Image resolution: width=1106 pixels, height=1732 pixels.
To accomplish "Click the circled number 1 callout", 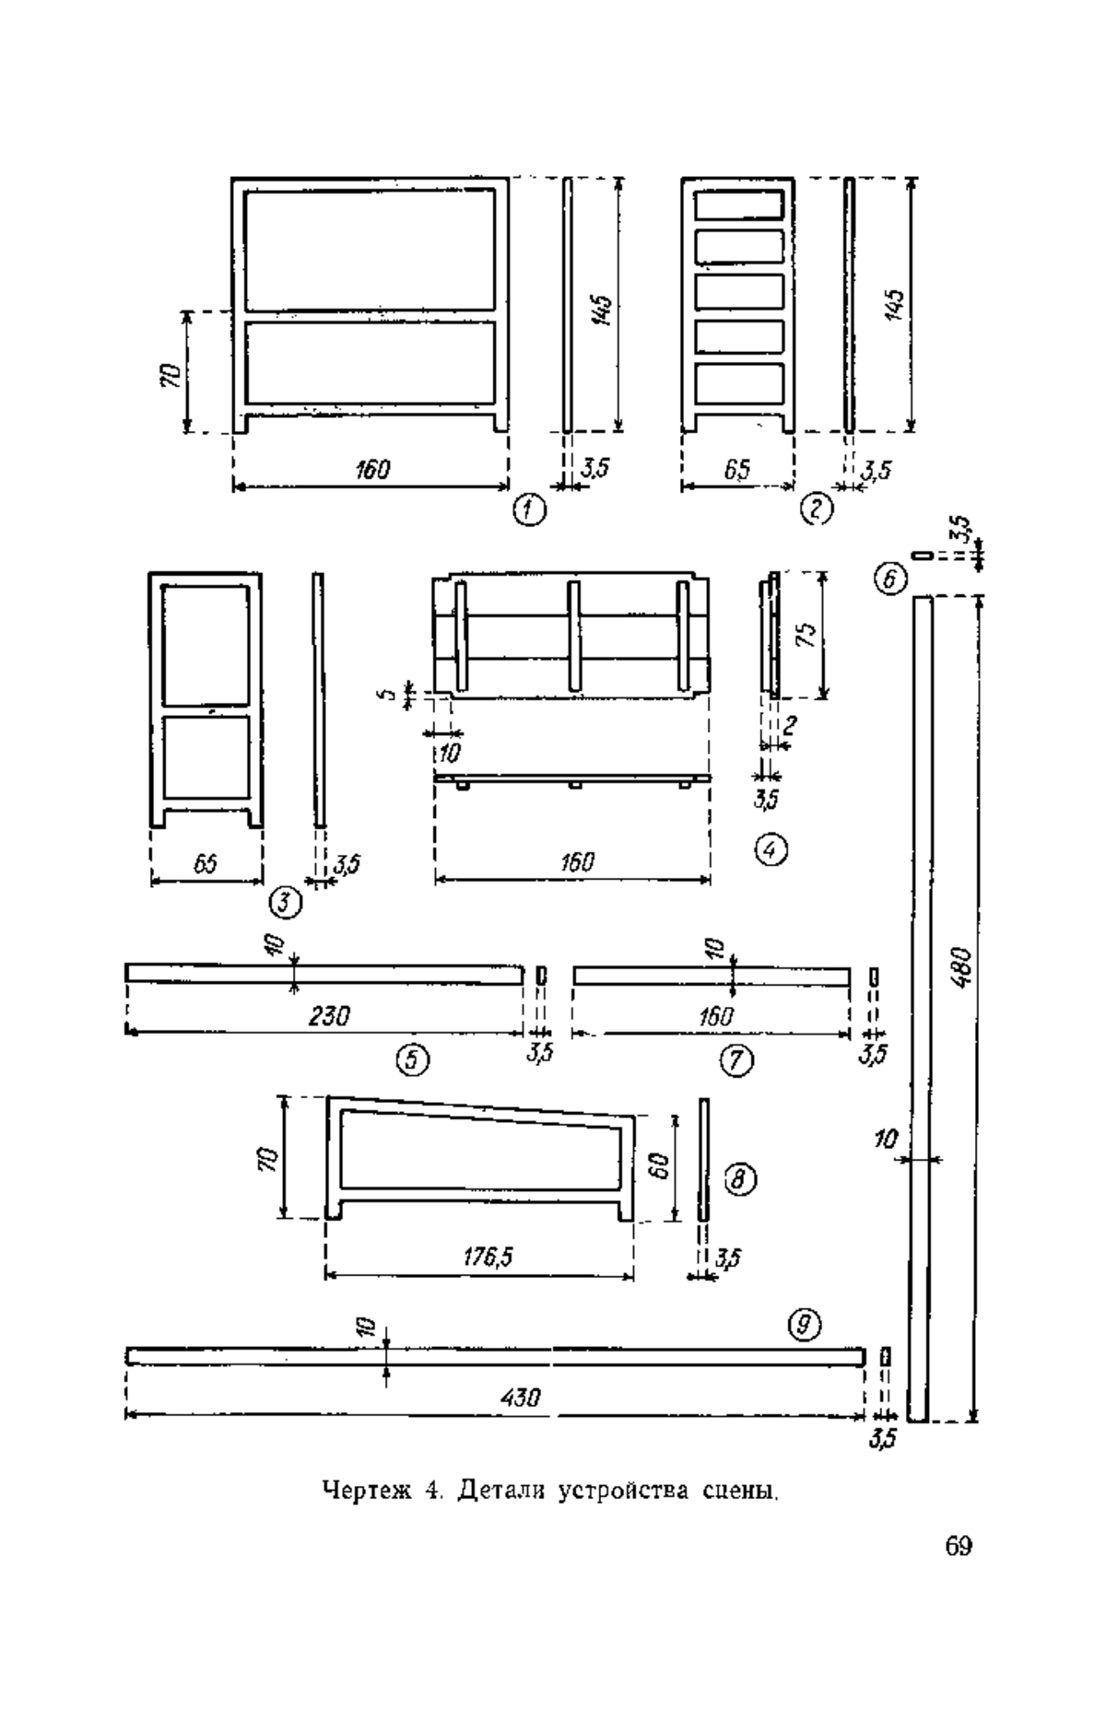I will point(529,509).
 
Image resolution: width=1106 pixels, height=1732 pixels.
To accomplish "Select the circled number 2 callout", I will point(817,509).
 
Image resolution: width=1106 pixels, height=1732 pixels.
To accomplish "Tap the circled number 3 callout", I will point(287,903).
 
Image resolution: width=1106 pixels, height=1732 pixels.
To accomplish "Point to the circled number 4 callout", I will point(771,850).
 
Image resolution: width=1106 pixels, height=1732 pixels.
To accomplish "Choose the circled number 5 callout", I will point(413,1061).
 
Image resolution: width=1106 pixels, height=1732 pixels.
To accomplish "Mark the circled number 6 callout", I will point(890,579).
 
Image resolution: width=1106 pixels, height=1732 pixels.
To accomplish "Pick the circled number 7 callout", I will point(736,1061).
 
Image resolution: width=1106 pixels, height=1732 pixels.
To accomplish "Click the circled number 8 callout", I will point(741,1177).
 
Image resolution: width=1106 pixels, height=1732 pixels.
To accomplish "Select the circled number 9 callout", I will point(805,1325).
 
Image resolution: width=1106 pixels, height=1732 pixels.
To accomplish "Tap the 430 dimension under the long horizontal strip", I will point(520,1398).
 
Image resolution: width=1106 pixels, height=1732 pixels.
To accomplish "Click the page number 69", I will point(959,1545).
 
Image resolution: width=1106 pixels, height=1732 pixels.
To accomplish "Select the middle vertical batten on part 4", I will point(573,636).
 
